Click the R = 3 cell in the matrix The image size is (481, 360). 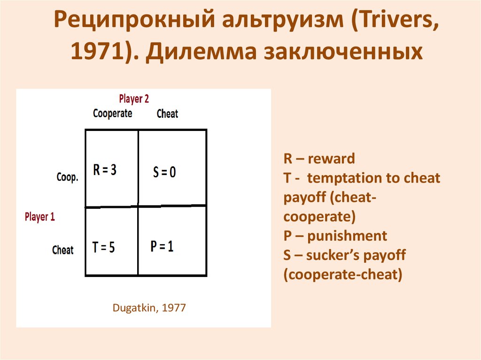[105, 170]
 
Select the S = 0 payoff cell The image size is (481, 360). [164, 172]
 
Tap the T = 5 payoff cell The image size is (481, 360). [104, 247]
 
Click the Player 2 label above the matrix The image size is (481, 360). [134, 99]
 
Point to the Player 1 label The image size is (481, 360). [39, 217]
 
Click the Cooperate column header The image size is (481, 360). [113, 114]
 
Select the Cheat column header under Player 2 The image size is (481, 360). [167, 114]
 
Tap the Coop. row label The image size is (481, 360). [67, 177]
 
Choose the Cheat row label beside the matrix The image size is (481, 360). [62, 250]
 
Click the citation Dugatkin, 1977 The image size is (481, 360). [149, 308]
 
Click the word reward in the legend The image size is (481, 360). [332, 159]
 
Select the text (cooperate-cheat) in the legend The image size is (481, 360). [343, 275]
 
